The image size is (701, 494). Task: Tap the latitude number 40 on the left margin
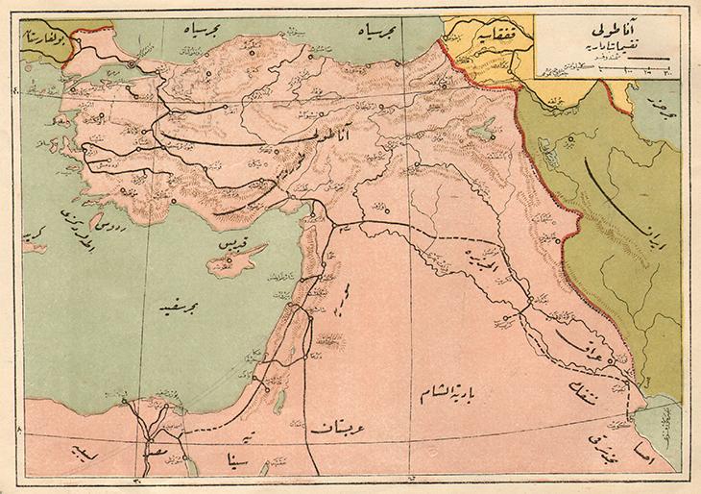(15, 92)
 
